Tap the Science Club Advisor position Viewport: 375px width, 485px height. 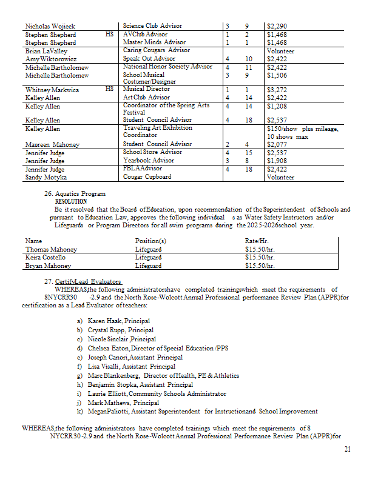tap(152, 26)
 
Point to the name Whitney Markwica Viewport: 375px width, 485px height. tap(52, 90)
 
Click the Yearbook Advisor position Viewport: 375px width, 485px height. tap(148, 161)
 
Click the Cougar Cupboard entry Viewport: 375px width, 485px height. tap(147, 177)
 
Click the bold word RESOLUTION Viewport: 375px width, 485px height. tap(70, 201)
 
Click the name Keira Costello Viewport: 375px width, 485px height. tap(46, 257)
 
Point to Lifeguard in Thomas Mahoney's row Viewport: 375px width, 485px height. tap(148, 249)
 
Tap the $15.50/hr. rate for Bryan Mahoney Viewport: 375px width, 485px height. tap(260, 266)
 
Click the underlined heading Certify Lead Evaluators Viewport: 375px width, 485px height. tap(87, 282)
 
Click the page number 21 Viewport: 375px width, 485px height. tap(347, 449)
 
